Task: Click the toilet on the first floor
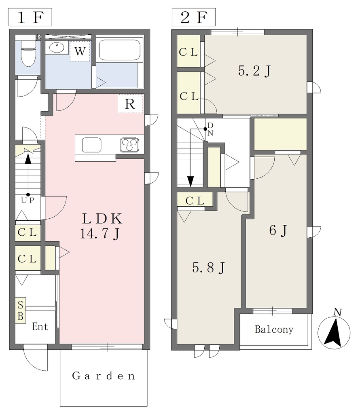point(28,54)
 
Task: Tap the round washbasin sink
point(57,48)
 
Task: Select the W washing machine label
point(80,51)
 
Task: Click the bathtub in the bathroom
point(119,50)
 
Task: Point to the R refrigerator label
point(130,104)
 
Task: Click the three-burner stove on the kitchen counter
point(129,145)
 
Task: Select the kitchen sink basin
point(91,145)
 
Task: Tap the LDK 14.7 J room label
point(102,226)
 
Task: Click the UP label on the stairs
point(28,201)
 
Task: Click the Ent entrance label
point(40,327)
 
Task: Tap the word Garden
point(104,376)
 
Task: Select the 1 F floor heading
point(30,17)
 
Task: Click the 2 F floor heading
point(194,17)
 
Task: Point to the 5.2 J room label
point(254,71)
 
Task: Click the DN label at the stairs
point(210,129)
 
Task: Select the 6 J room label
point(278,230)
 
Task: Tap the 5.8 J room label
point(208,268)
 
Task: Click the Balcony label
point(274,330)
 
